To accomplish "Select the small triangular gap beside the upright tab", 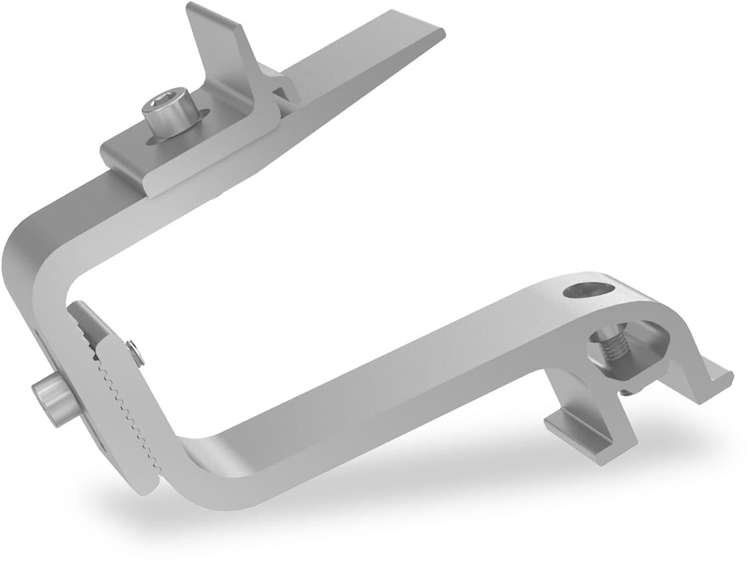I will tap(280, 94).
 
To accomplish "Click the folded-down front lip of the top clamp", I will tap(212, 161).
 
